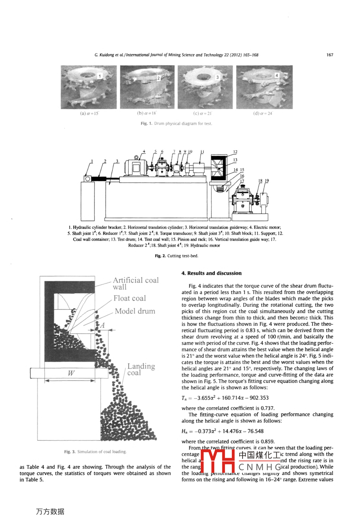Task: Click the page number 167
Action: pyautogui.click(x=329, y=55)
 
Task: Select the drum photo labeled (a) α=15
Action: pyautogui.click(x=89, y=87)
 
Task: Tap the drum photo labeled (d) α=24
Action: pyautogui.click(x=264, y=87)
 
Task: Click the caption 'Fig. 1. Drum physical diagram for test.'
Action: pyautogui.click(x=176, y=123)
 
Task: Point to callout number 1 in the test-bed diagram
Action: pyautogui.click(x=92, y=161)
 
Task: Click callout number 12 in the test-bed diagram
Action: pyautogui.click(x=235, y=152)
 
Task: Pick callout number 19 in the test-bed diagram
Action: pyautogui.click(x=267, y=180)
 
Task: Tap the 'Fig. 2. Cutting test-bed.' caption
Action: pyautogui.click(x=176, y=256)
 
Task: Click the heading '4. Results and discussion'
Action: pyautogui.click(x=211, y=273)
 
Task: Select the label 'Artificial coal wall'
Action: pyautogui.click(x=135, y=283)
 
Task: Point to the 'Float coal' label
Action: pyautogui.click(x=129, y=298)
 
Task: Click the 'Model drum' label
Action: pyautogui.click(x=135, y=311)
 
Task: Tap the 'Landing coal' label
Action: pyautogui.click(x=141, y=369)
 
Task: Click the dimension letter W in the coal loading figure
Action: pyautogui.click(x=71, y=373)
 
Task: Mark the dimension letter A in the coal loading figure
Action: pyautogui.click(x=102, y=325)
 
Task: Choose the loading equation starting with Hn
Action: pyautogui.click(x=222, y=431)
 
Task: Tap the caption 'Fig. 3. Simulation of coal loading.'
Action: pyautogui.click(x=95, y=452)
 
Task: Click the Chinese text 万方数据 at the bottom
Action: pyautogui.click(x=50, y=511)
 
